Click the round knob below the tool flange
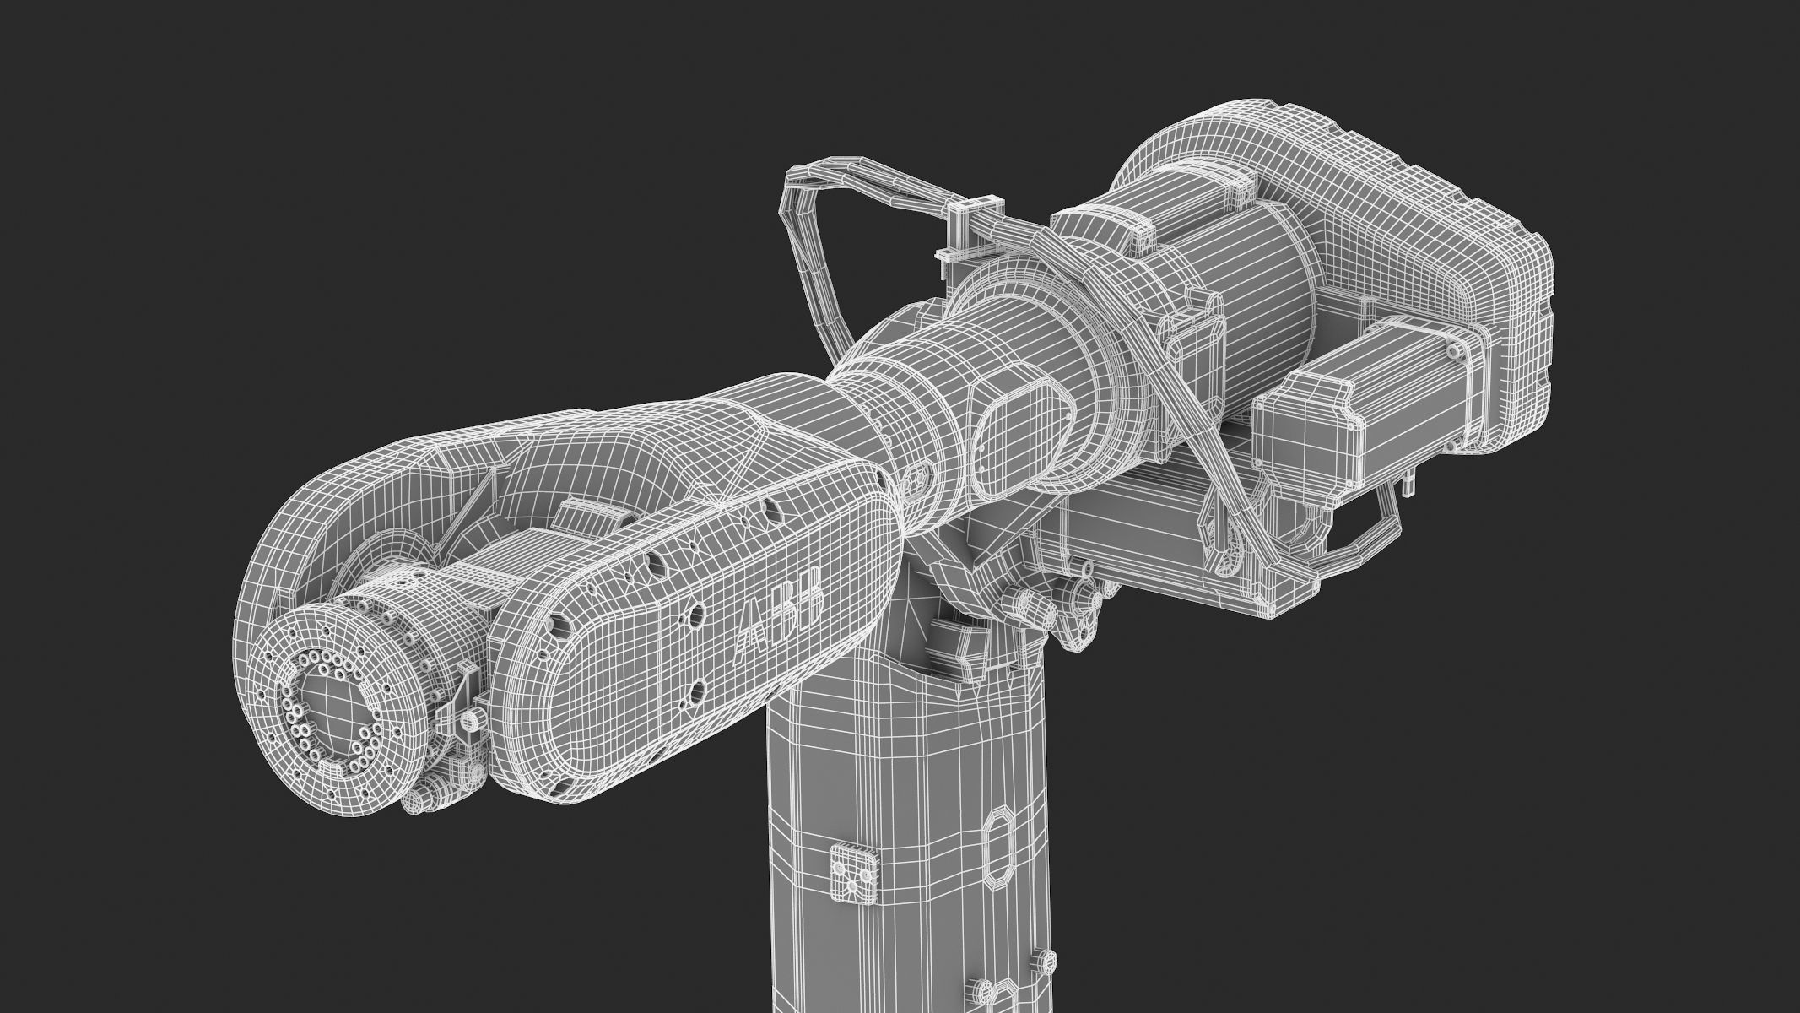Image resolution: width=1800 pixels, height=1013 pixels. pyautogui.click(x=419, y=802)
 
